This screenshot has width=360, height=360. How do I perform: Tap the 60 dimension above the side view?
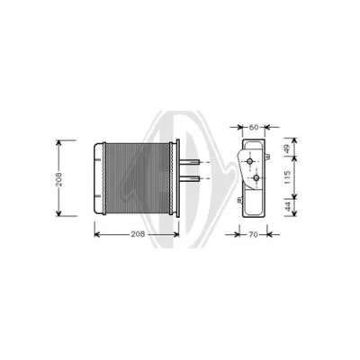click(254, 128)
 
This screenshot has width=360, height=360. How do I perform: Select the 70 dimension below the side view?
click(253, 235)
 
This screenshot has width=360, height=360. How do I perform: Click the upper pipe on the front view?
click(191, 163)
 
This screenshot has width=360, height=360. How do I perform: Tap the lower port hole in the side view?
click(256, 178)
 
